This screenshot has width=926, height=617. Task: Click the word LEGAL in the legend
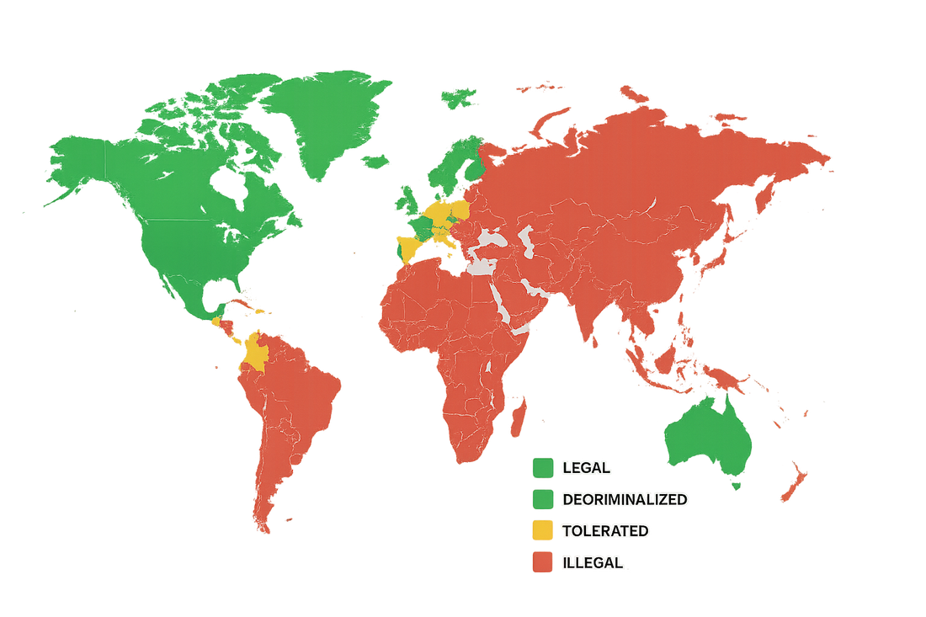(x=587, y=468)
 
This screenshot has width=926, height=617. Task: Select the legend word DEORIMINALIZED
(x=625, y=499)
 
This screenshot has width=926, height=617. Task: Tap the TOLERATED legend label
(x=605, y=531)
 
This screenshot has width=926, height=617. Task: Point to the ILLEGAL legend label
(x=593, y=562)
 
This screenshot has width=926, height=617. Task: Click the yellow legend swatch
(x=543, y=530)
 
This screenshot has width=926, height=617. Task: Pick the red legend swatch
(x=543, y=561)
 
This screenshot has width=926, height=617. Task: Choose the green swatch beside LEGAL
(x=543, y=468)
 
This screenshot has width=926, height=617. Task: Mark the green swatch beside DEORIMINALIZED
(x=543, y=499)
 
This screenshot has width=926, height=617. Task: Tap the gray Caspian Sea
(x=529, y=242)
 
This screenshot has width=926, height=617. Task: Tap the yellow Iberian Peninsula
(x=408, y=248)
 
